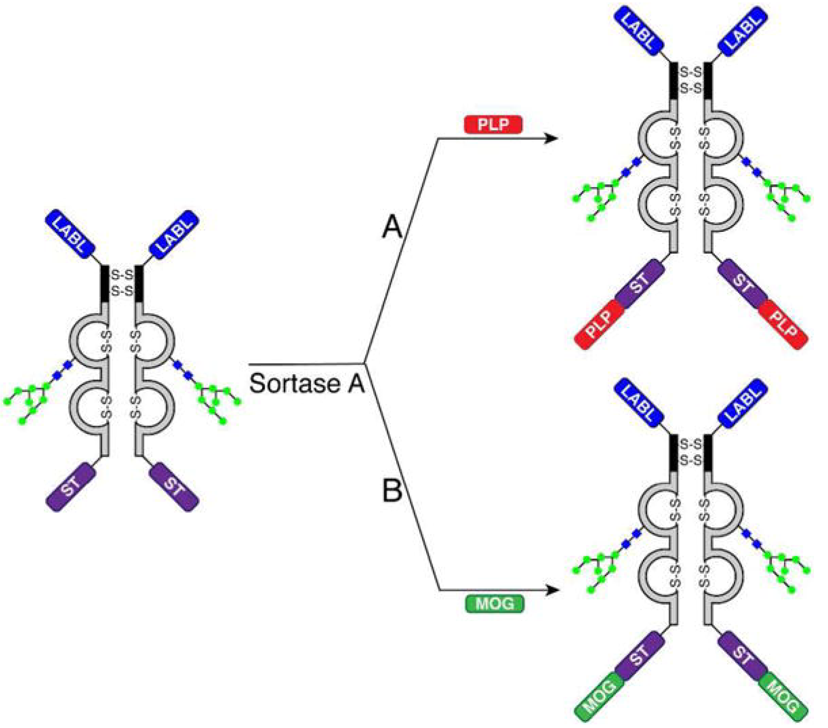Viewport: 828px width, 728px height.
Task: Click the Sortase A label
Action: pos(307,383)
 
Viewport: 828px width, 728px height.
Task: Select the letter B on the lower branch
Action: pos(392,491)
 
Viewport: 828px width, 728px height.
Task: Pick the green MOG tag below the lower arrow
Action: pos(494,604)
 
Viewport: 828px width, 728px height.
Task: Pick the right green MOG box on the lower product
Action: pos(783,700)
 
